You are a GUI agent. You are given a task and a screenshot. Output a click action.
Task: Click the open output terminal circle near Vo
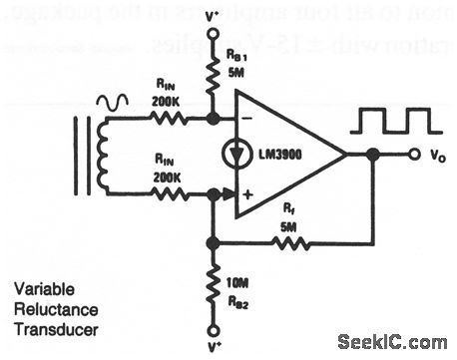pyautogui.click(x=413, y=155)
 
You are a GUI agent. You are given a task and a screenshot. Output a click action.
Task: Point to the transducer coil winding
pyautogui.click(x=101, y=156)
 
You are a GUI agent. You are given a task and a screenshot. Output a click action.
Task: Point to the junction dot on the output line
pyautogui.click(x=370, y=155)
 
